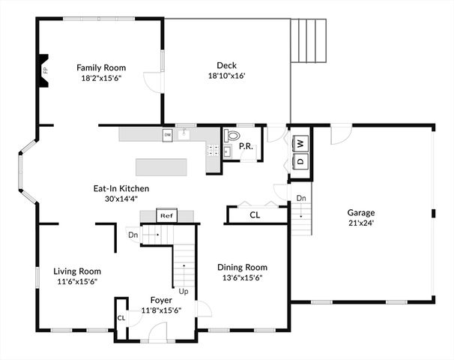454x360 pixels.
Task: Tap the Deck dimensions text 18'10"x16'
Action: tap(226, 76)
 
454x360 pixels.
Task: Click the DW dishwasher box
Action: tap(168, 135)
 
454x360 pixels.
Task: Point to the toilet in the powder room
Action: tap(231, 137)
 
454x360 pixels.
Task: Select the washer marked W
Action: tap(300, 142)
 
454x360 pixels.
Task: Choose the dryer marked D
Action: tap(300, 160)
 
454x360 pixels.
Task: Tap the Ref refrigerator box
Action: tap(166, 215)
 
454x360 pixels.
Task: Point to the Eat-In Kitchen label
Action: tap(120, 188)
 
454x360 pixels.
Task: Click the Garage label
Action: tap(360, 212)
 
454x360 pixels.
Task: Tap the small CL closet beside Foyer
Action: tap(121, 318)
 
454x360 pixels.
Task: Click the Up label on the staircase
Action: tap(182, 291)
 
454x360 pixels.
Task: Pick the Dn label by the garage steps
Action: tap(300, 198)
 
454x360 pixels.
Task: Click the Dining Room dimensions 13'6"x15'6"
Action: tap(242, 277)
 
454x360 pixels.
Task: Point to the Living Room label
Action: tap(76, 271)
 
